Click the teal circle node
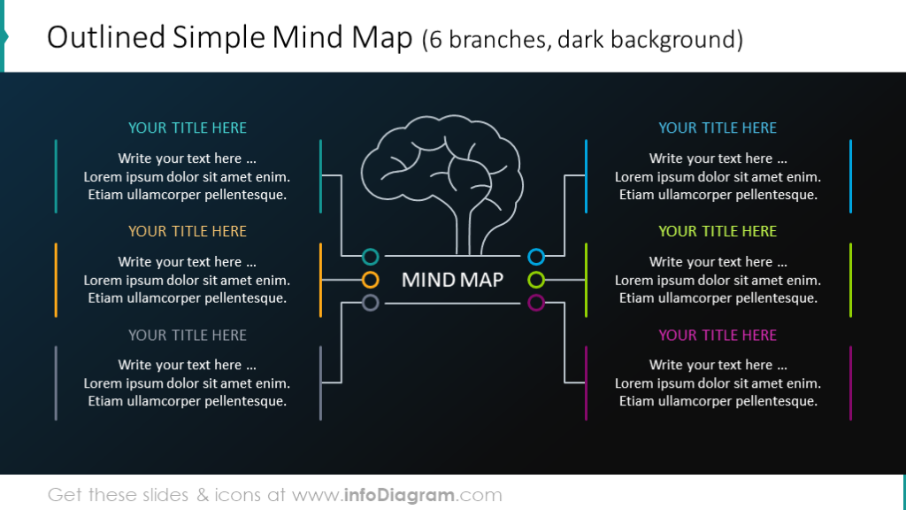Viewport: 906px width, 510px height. (x=371, y=257)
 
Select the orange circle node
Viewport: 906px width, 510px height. (x=371, y=280)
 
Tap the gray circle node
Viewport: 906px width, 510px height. (x=371, y=303)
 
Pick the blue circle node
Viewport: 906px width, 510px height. (x=535, y=257)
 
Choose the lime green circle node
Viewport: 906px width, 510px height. (x=535, y=280)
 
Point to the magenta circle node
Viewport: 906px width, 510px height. (x=535, y=303)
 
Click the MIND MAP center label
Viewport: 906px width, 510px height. (x=452, y=280)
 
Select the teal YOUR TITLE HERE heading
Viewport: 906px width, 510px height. (x=187, y=127)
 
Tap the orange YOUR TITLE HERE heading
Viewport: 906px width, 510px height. (x=187, y=231)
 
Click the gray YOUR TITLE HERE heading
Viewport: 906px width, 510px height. (x=187, y=335)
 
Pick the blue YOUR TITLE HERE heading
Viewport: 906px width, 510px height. (x=718, y=127)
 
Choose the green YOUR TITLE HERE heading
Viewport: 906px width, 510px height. (x=718, y=231)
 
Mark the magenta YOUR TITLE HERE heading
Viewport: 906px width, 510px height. (x=718, y=335)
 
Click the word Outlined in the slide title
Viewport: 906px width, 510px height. (x=106, y=37)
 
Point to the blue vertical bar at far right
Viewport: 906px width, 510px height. (x=850, y=176)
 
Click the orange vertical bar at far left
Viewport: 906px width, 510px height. (x=56, y=280)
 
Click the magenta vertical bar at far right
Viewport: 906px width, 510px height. (x=850, y=382)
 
